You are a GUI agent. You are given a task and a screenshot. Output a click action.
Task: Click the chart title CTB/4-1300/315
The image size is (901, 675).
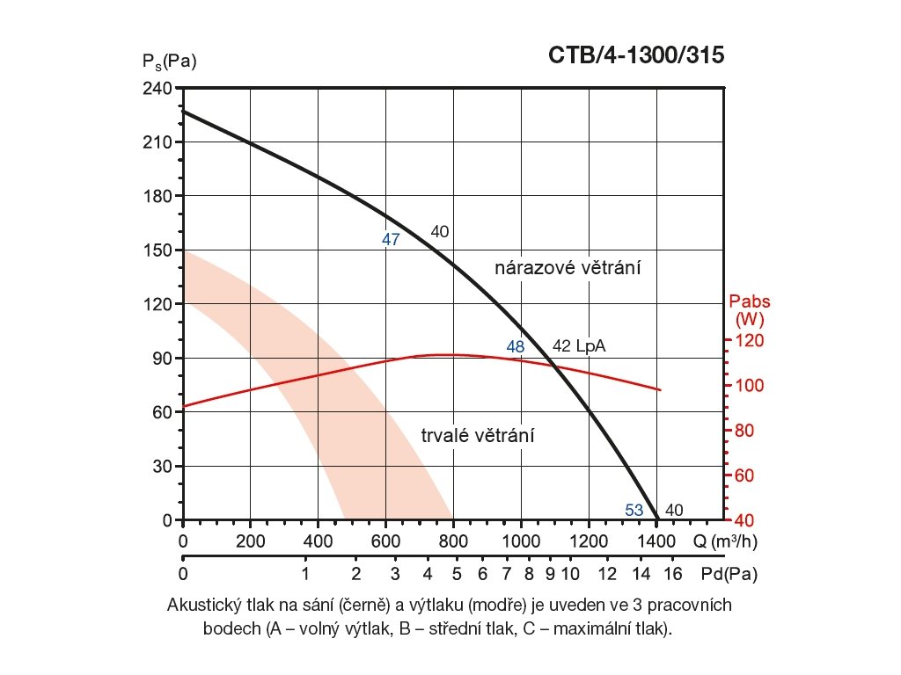point(636,55)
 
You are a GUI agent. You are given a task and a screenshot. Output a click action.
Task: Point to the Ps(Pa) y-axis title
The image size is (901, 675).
point(168,62)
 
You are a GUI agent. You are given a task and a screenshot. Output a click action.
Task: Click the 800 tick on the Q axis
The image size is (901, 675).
point(453,539)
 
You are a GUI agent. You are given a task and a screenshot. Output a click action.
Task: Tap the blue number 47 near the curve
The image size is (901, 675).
point(392,239)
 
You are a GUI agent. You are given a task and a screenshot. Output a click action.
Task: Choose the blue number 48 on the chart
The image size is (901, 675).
point(516,347)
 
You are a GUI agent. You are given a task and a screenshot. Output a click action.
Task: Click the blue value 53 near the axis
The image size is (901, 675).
point(634,510)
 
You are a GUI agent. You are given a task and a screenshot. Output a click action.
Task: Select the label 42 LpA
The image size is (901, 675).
point(579,347)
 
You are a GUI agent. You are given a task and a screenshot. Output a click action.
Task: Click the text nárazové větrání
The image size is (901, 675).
point(564,268)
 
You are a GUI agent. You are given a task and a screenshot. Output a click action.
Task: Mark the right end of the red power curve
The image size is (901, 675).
point(660,389)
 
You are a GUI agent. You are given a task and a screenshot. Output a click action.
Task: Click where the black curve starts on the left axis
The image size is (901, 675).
point(183,111)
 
